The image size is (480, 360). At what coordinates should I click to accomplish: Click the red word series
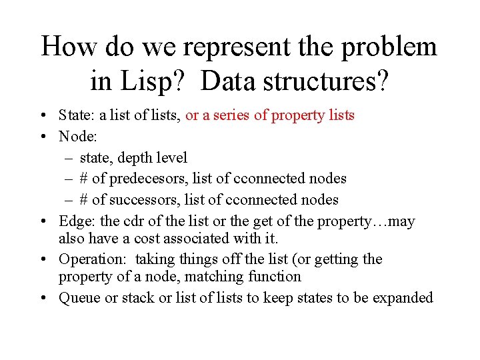click(231, 115)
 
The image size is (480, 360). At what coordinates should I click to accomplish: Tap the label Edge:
click(77, 221)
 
